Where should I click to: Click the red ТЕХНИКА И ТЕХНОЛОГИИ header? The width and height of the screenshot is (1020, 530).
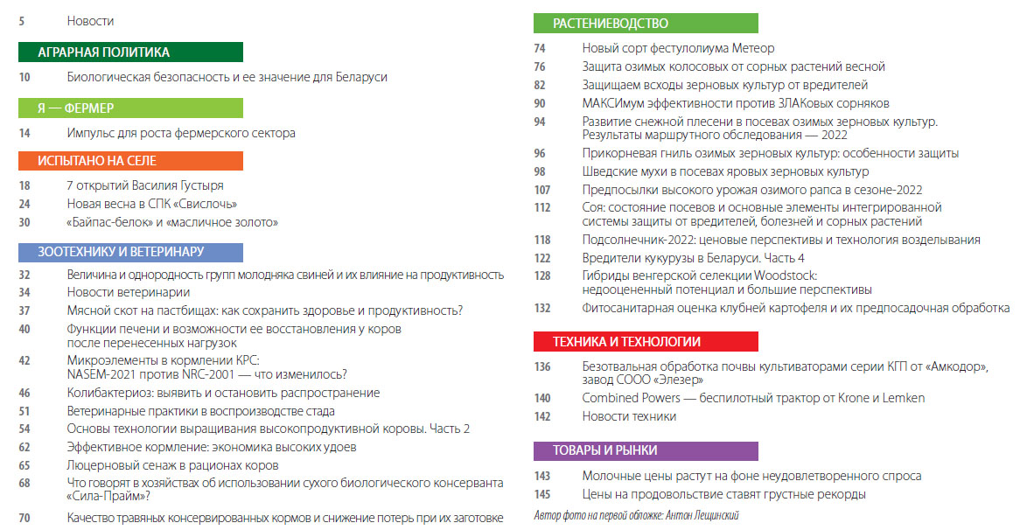[646, 342]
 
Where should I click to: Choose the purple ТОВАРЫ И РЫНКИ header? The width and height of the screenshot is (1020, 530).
[646, 451]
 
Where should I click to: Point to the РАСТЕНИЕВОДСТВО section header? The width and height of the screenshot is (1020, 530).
[646, 24]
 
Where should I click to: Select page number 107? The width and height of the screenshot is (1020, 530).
[542, 190]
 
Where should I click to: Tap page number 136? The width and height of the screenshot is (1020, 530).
[542, 367]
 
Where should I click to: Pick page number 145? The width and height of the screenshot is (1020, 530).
[542, 495]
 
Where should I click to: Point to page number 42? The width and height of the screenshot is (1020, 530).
[24, 360]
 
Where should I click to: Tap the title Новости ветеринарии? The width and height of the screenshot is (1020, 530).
[129, 292]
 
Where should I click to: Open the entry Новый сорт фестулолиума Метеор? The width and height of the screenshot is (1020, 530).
[678, 48]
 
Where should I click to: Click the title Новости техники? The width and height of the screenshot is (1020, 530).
[629, 416]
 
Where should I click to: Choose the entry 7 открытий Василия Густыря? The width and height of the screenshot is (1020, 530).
[145, 185]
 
